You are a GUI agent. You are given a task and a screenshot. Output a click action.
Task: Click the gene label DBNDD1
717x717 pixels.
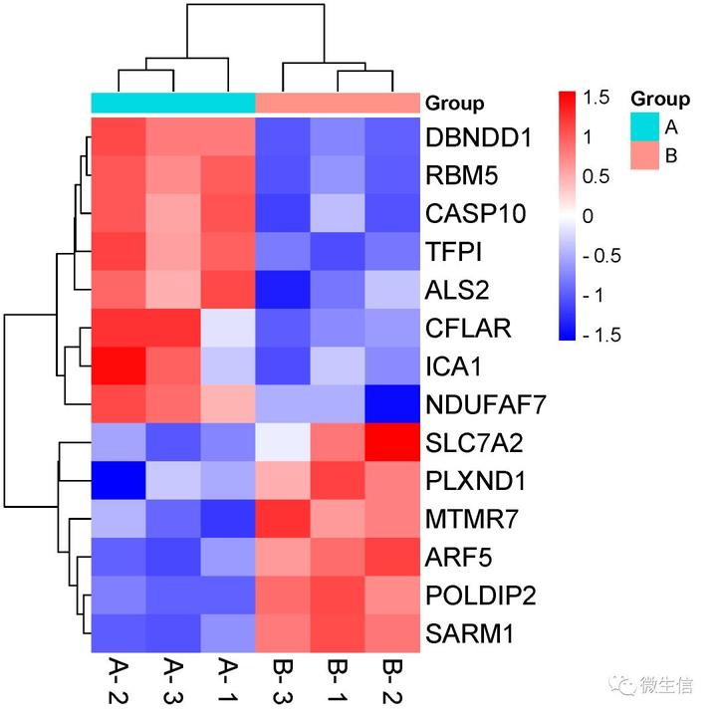point(477,137)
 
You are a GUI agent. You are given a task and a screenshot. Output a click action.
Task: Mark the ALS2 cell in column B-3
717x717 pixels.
point(283,290)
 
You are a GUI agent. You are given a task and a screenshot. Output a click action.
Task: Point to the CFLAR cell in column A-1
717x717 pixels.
point(228,328)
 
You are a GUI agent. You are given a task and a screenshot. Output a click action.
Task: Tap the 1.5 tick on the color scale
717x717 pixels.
point(597,97)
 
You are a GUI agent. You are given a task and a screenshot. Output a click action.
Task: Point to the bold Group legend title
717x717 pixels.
point(659,99)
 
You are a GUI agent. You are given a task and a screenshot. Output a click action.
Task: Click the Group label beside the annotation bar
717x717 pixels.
point(454,104)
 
